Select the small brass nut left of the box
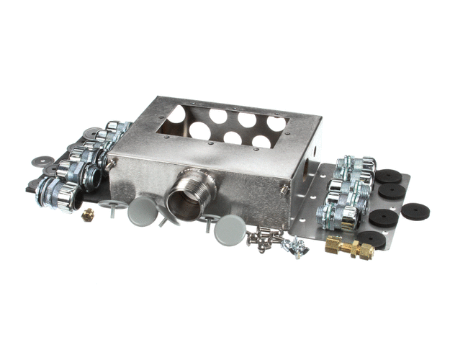89,214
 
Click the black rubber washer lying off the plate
414,211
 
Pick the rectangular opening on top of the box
223,127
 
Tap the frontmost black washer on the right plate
372,239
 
